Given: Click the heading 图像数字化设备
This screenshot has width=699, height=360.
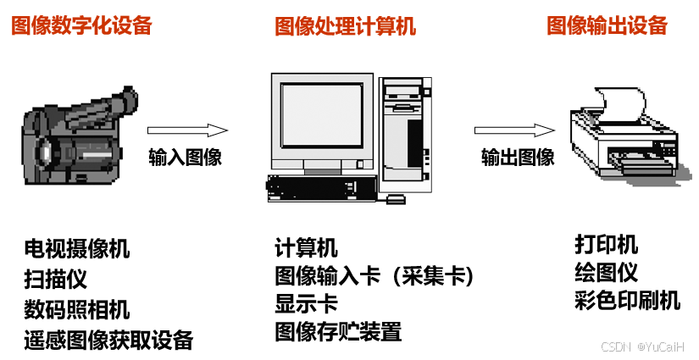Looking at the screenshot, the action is [x=81, y=25].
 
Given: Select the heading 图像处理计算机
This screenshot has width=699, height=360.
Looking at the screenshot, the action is [x=346, y=26].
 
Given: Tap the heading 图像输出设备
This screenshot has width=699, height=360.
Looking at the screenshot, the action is [x=607, y=25].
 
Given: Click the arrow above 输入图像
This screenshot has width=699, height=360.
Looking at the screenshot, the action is [x=187, y=130].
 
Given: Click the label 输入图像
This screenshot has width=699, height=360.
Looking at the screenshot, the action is [x=185, y=158].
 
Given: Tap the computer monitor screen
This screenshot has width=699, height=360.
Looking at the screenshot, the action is [x=321, y=115].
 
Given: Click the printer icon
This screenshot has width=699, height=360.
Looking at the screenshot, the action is [x=624, y=140].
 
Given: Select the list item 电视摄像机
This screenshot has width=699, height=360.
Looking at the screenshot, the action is [x=77, y=249].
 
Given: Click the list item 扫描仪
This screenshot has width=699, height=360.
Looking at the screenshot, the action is [x=56, y=280].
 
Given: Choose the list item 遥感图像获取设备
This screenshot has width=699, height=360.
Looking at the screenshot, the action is [x=108, y=341].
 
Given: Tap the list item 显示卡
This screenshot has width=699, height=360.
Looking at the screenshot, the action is [x=306, y=303].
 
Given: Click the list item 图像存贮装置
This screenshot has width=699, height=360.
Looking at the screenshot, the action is [x=338, y=331].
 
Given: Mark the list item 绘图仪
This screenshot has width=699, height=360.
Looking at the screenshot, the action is [x=606, y=273].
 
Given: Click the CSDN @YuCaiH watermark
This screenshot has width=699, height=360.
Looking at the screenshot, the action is [x=642, y=348].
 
